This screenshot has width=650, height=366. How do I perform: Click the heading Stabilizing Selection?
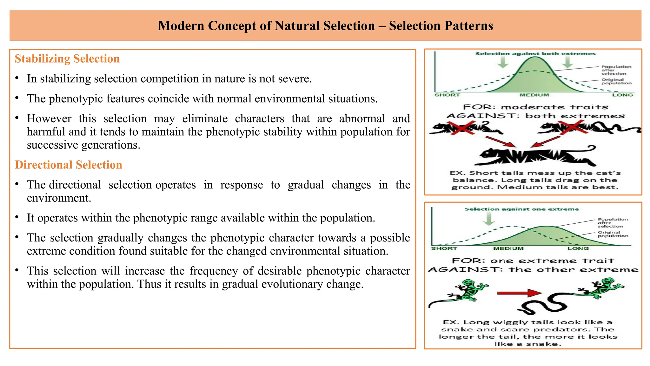pos(67,59)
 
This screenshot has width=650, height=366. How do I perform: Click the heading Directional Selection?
pos(69,165)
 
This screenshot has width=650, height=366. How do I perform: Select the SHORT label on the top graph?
pos(447,95)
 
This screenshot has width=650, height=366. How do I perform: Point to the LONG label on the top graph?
pos(623,95)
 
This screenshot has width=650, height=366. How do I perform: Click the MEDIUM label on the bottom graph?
pos(508,248)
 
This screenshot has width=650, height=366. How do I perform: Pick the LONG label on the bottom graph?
pos(578,248)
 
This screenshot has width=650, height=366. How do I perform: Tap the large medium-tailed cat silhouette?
pos(533,156)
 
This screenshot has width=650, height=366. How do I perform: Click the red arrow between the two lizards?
pos(519,293)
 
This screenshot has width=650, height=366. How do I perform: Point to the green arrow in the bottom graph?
pos(489,219)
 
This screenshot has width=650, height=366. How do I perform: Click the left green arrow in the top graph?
pos(502,63)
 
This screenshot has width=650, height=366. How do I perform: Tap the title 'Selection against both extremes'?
pos(535,54)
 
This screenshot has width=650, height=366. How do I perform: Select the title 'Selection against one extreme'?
pos(522,209)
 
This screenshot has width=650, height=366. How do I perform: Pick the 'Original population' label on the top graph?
pos(616,82)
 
